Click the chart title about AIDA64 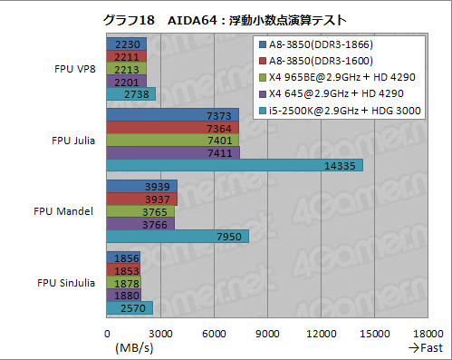(x=226, y=19)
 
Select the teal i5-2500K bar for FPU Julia (x=235, y=165)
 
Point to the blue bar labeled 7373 (x=172, y=114)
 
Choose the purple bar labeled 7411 (x=173, y=152)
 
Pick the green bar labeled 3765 (x=140, y=211)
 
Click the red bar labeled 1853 (x=123, y=270)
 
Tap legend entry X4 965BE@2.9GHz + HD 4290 (x=336, y=76)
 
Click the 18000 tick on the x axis (x=428, y=335)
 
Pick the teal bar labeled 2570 (x=130, y=308)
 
